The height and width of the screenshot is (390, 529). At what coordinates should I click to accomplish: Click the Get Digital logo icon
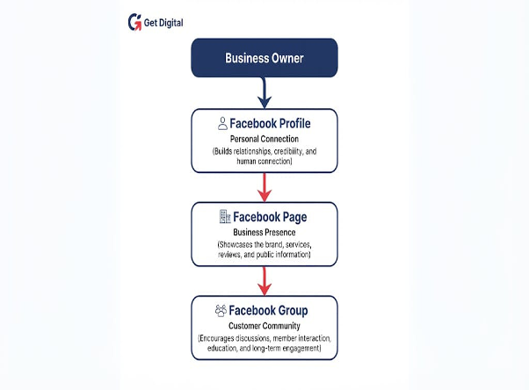click(x=134, y=22)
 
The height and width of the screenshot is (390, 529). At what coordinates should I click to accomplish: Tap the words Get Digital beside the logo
click(x=163, y=23)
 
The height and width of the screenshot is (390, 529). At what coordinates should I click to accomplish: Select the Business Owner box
click(x=264, y=58)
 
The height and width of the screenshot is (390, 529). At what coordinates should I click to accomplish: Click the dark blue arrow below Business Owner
click(x=264, y=93)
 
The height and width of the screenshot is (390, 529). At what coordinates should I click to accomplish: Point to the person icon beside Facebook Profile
click(x=222, y=124)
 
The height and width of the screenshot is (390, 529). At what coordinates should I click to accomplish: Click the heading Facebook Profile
click(x=270, y=124)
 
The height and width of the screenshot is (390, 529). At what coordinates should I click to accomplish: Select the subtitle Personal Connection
click(x=264, y=139)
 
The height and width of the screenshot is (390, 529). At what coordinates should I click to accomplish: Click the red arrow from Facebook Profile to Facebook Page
click(x=264, y=187)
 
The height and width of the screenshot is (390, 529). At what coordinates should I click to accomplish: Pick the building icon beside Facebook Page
click(x=225, y=217)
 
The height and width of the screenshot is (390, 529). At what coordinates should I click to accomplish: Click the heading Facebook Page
click(x=270, y=217)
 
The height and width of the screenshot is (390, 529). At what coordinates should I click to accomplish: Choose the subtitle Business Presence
click(x=264, y=232)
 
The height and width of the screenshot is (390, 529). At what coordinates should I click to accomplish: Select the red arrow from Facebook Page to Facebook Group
click(x=264, y=281)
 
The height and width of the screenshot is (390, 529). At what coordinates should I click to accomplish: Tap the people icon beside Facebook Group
click(x=221, y=310)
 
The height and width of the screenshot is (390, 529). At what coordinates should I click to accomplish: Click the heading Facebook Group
click(x=268, y=310)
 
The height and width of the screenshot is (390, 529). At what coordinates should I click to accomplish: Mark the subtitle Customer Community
click(x=264, y=326)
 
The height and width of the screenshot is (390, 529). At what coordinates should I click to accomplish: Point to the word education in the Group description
click(x=222, y=348)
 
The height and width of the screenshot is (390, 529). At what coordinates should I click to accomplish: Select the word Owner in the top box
click(x=287, y=58)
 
